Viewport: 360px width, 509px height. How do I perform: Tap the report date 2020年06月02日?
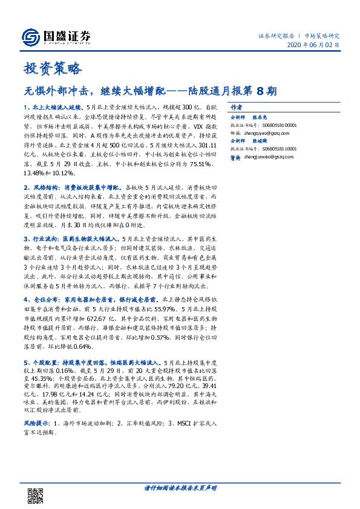click(x=313, y=45)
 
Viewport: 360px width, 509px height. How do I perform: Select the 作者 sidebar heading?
click(x=237, y=105)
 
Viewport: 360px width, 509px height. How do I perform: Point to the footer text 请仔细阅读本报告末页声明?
click(x=180, y=487)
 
